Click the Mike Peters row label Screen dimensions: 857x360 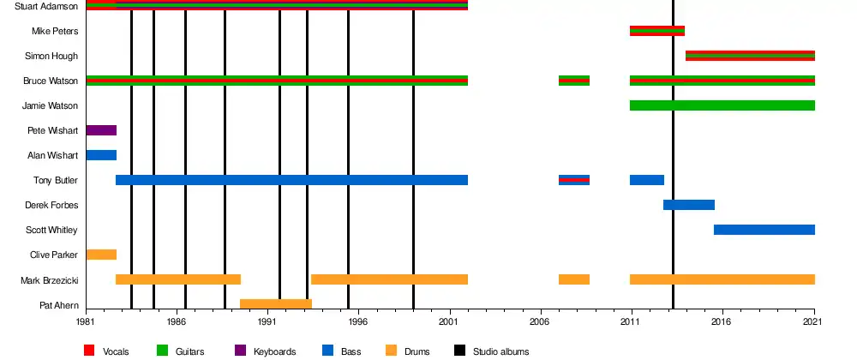coord(55,31)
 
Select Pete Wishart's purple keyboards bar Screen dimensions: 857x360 coord(101,130)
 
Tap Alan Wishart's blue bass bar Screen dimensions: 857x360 coord(101,155)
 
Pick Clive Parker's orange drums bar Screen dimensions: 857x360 coord(101,255)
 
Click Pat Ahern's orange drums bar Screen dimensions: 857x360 coord(276,303)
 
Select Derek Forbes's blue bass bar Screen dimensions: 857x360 coord(689,205)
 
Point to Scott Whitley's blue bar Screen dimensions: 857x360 coord(764,230)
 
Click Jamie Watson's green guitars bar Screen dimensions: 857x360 coord(722,105)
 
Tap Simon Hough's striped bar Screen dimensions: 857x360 coord(750,56)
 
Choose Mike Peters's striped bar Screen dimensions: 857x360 coord(657,31)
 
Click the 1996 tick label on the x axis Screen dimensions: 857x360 coord(358,321)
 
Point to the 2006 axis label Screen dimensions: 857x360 coord(540,321)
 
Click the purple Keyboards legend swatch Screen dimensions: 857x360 coord(240,351)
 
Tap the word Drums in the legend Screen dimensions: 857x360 coord(417,351)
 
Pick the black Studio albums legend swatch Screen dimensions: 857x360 coord(459,351)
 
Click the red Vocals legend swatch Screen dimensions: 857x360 coord(89,351)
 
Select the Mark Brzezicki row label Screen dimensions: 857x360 coord(50,281)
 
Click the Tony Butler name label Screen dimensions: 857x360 coord(56,180)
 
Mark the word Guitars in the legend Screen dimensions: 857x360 coord(189,351)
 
